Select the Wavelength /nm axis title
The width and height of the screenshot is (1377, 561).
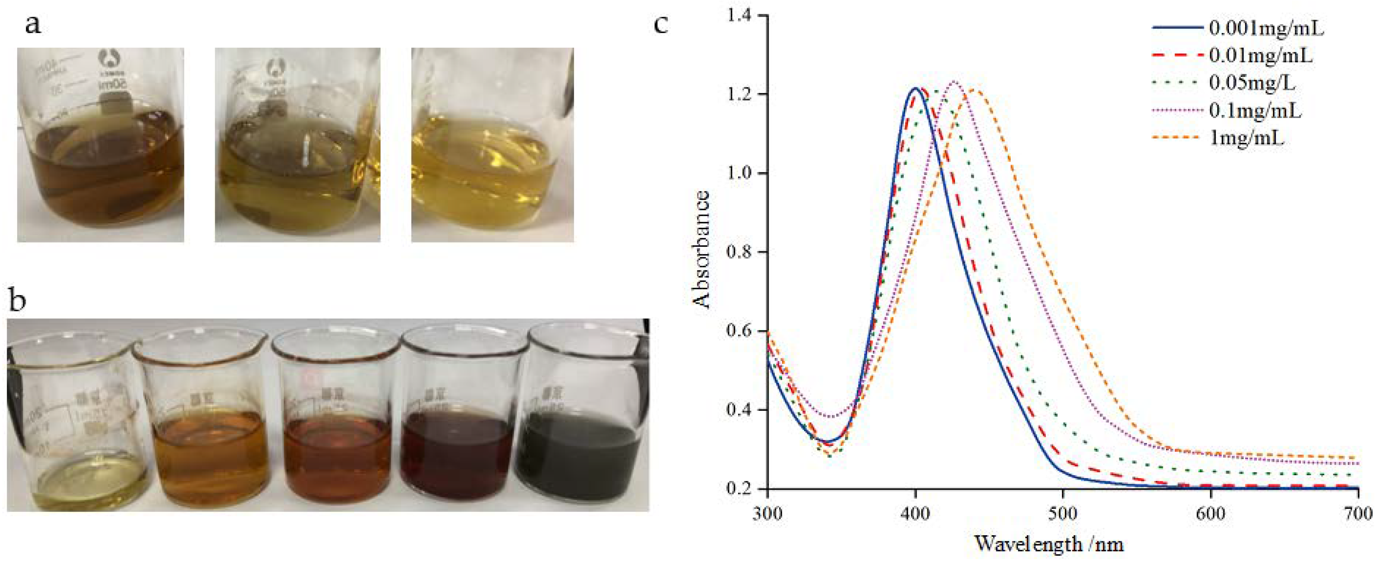click(x=1049, y=544)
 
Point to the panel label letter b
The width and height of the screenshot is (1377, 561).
click(x=18, y=301)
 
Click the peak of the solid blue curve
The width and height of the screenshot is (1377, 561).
click(x=916, y=88)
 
